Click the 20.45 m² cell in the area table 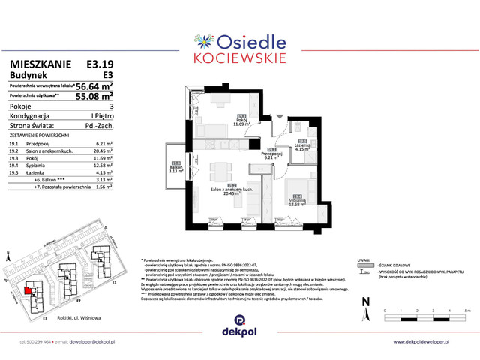(103, 151)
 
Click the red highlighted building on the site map (29, 290)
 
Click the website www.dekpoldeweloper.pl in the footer (431, 342)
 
